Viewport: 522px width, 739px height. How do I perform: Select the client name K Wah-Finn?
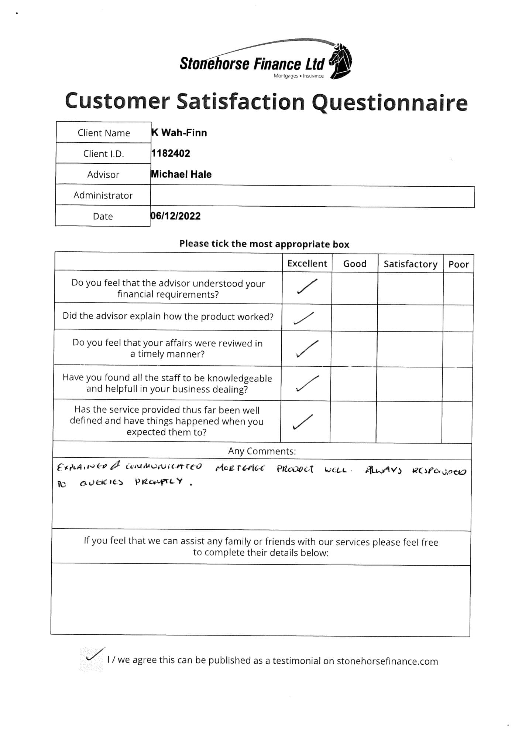click(x=179, y=133)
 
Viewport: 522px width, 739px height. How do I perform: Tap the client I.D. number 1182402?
click(x=171, y=153)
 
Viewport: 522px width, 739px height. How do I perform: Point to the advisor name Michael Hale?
click(x=181, y=174)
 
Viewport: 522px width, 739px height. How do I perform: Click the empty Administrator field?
click(x=312, y=197)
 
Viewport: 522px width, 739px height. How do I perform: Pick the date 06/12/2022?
click(x=175, y=216)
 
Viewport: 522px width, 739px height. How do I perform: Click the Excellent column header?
click(x=307, y=263)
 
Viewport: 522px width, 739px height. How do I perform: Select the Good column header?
click(x=355, y=264)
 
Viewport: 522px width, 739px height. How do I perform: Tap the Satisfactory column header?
click(x=410, y=264)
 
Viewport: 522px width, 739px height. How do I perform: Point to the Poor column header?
click(x=459, y=264)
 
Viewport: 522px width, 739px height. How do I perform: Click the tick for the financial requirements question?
click(x=307, y=287)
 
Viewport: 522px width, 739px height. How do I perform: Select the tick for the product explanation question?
click(x=304, y=318)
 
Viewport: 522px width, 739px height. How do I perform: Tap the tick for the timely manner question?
click(x=307, y=349)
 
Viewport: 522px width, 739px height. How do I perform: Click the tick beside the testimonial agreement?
click(x=94, y=655)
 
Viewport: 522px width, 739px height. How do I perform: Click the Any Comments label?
click(x=262, y=451)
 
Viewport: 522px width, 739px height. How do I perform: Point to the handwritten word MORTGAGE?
click(x=240, y=468)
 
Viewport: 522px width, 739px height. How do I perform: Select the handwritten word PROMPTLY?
click(x=159, y=482)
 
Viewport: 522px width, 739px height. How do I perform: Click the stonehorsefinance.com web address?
click(x=387, y=661)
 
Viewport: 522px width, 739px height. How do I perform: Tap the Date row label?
click(x=103, y=216)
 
